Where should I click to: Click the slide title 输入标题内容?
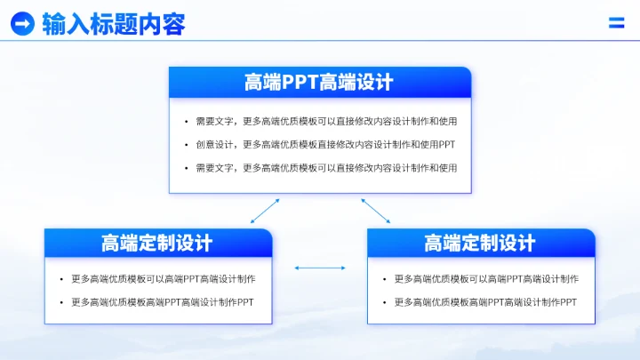tap(114, 24)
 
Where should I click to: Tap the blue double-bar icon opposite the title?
tap(616, 23)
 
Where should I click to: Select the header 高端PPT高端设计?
tap(319, 83)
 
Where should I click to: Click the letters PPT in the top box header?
tap(295, 83)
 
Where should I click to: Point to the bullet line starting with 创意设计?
tap(325, 144)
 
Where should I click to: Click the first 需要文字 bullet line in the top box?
tap(326, 121)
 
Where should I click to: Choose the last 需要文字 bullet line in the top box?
tap(326, 168)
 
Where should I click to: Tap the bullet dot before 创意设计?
tap(185, 145)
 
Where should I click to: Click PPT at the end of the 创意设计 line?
tap(448, 144)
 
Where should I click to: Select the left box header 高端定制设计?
tap(157, 243)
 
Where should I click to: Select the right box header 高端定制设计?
tap(480, 243)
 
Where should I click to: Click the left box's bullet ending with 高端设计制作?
tap(164, 279)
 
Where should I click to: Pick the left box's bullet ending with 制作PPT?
tap(163, 302)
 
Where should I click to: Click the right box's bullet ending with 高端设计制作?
tap(486, 279)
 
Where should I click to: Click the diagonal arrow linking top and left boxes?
tap(265, 211)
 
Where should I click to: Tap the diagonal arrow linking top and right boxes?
tap(375, 211)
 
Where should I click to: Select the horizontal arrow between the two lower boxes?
tap(320, 268)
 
